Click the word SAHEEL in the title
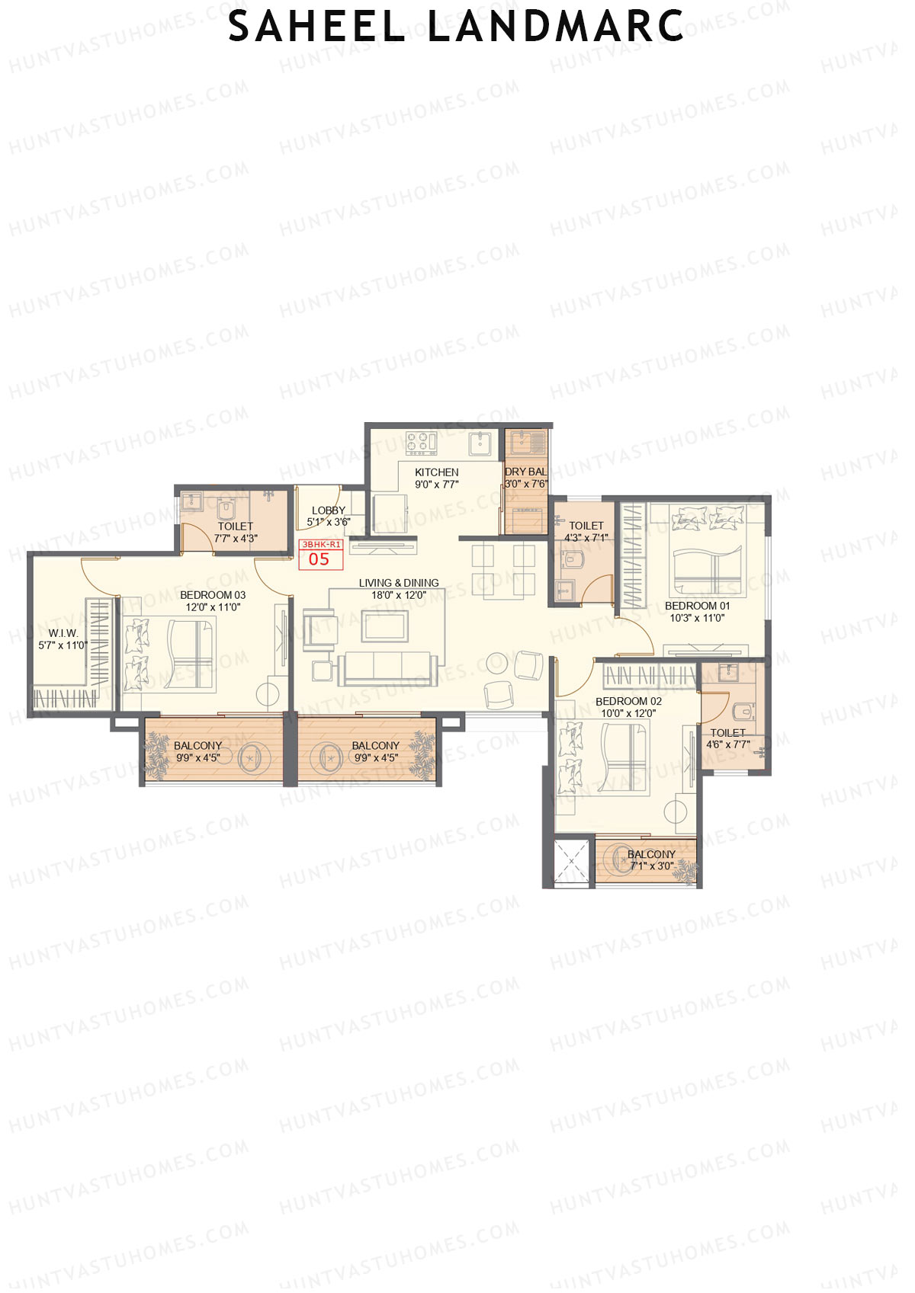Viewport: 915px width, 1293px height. point(316,27)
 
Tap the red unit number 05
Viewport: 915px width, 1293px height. point(319,559)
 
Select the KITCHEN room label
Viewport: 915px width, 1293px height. point(436,472)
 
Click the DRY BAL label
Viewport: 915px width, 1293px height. point(525,472)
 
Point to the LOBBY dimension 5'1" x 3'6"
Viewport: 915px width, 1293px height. point(329,523)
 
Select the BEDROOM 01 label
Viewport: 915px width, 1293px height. point(697,606)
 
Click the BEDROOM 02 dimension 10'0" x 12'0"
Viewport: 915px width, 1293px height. point(628,714)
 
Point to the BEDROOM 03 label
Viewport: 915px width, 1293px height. point(213,595)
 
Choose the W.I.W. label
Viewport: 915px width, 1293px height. point(63,633)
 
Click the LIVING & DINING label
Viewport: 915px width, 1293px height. point(399,583)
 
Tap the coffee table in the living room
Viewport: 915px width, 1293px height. point(386,626)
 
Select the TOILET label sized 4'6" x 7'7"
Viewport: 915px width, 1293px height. point(727,732)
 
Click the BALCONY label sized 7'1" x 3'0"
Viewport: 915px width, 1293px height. point(651,854)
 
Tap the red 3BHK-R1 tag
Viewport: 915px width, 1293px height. point(321,545)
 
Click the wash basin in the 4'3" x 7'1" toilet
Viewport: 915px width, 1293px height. point(563,589)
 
